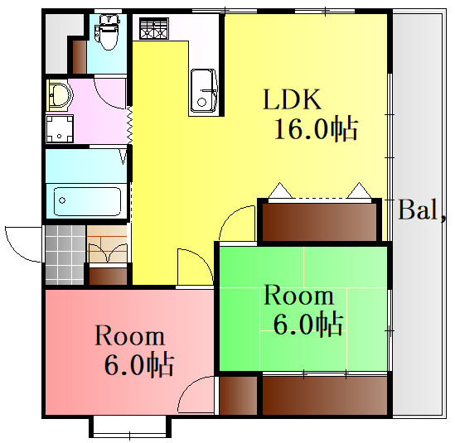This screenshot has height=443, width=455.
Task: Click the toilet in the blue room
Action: (x=107, y=32)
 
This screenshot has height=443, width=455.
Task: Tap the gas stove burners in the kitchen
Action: (x=154, y=28)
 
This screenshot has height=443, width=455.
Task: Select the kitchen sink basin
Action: (x=203, y=91)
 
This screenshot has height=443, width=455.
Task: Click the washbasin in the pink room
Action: (x=60, y=95)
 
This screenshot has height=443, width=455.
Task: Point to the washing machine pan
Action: (x=60, y=128)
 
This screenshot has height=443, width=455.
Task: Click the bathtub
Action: (x=87, y=201)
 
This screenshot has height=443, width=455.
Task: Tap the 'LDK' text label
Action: (x=293, y=99)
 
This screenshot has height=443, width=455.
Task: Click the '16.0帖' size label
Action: (x=316, y=128)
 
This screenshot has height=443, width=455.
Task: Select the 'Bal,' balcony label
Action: (x=423, y=209)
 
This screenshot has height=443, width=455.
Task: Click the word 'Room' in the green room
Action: (x=299, y=296)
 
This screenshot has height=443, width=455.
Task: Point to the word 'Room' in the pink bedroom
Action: (x=130, y=335)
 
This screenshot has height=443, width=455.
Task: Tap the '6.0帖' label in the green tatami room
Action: (x=308, y=324)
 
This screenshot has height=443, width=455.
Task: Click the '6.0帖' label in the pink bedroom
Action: (x=139, y=364)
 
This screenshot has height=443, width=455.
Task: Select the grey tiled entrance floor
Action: (x=65, y=254)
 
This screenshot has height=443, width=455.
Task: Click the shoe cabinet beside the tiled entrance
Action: (x=108, y=276)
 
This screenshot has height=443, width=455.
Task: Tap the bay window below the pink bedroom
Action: (x=130, y=427)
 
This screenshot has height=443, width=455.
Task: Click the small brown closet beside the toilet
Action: (x=80, y=57)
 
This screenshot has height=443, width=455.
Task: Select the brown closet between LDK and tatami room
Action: (x=319, y=222)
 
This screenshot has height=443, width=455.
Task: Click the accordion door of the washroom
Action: (x=129, y=125)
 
